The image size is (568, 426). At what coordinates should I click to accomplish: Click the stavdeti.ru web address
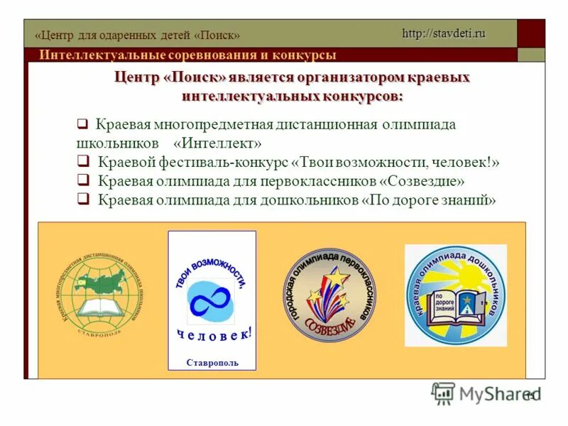pyautogui.click(x=444, y=33)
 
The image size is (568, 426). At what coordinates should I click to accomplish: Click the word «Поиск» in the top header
pyautogui.click(x=217, y=35)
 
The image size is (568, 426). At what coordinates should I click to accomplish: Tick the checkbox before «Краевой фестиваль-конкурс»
pyautogui.click(x=82, y=162)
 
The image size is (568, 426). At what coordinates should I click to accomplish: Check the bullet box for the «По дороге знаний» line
pyautogui.click(x=82, y=200)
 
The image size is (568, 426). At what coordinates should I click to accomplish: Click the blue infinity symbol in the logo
pyautogui.click(x=210, y=300)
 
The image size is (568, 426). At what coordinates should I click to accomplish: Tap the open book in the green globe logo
pyautogui.click(x=101, y=307)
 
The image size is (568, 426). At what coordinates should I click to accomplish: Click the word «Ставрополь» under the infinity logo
pyautogui.click(x=212, y=363)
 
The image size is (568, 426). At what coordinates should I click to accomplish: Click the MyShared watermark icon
pyautogui.click(x=444, y=393)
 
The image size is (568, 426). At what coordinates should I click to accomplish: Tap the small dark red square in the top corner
pyautogui.click(x=530, y=33)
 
